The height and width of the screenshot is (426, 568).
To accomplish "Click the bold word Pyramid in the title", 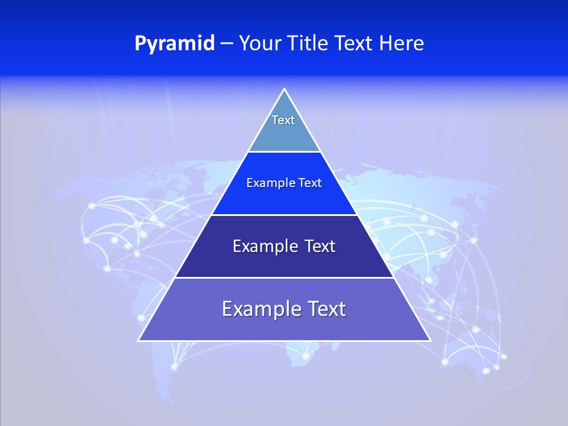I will [x=175, y=44].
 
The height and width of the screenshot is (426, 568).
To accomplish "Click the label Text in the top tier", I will [x=283, y=120].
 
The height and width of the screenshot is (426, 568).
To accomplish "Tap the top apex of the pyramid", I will [x=284, y=89].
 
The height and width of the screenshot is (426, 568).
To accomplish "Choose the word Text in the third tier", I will [x=320, y=246].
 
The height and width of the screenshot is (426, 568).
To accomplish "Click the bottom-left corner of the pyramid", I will [x=139, y=340].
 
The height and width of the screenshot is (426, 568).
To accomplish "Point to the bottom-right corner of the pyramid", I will [x=430, y=340].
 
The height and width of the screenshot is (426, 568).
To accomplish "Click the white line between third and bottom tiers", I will [x=284, y=277].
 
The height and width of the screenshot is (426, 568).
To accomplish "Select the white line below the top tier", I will [x=284, y=152].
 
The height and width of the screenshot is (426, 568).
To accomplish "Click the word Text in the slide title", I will [x=353, y=43].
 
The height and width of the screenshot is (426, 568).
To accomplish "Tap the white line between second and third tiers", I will [x=284, y=215].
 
